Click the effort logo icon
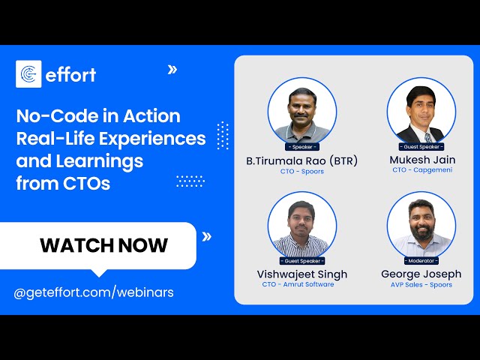[x=28, y=74]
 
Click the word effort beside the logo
[x=70, y=75]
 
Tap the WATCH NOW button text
[x=103, y=245]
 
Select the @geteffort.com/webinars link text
[x=94, y=292]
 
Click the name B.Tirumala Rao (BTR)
[x=301, y=160]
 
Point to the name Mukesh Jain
[x=421, y=160]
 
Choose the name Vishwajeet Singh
[x=301, y=274]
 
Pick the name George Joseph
[x=421, y=274]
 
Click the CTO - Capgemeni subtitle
[x=421, y=170]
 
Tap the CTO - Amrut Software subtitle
[x=301, y=285]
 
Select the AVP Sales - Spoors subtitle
[x=421, y=285]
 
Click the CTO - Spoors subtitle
[x=301, y=171]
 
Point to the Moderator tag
[x=421, y=260]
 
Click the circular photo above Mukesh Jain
[x=421, y=112]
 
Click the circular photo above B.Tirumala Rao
[x=301, y=112]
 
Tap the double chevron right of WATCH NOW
[x=207, y=236]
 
